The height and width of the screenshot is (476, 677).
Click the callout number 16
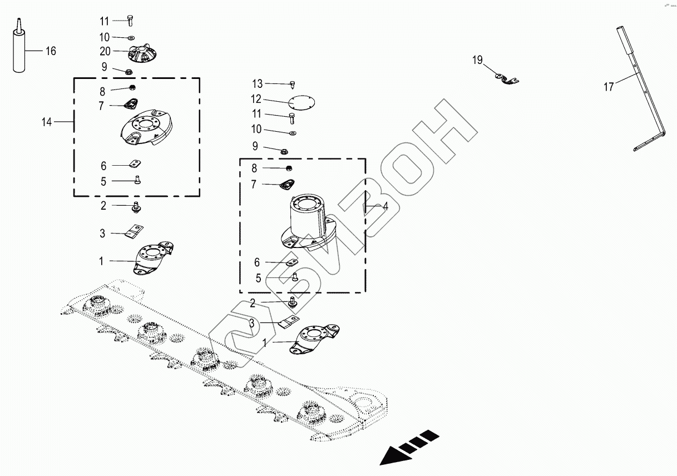[51, 51]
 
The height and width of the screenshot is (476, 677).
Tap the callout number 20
[105, 51]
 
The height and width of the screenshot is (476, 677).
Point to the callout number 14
[47, 122]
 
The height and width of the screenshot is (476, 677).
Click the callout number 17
[609, 87]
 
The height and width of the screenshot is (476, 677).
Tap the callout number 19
[478, 60]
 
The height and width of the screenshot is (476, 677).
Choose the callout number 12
[256, 100]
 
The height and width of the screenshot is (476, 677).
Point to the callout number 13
[257, 84]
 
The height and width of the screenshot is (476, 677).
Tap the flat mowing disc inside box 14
[148, 130]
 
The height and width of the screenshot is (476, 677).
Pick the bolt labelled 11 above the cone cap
[129, 21]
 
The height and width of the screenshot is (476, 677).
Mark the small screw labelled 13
[292, 85]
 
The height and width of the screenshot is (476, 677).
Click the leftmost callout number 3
[102, 234]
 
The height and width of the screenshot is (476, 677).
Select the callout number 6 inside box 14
[103, 166]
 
